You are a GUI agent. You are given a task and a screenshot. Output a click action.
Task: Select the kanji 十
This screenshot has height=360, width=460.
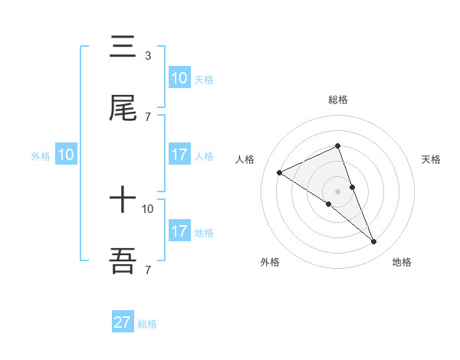click(x=123, y=201)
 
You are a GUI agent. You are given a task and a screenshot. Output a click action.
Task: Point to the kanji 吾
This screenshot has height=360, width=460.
click(x=123, y=261)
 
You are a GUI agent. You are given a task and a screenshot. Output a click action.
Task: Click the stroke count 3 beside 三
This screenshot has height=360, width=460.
click(x=147, y=56)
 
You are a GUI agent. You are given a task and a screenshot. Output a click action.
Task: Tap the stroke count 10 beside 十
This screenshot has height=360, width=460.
click(x=148, y=208)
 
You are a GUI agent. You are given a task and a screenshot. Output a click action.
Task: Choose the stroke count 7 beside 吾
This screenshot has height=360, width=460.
click(x=147, y=270)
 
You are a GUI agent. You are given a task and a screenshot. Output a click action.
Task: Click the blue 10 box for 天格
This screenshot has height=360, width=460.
click(x=179, y=78)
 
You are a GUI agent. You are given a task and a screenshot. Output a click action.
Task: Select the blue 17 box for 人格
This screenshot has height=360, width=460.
click(x=179, y=155)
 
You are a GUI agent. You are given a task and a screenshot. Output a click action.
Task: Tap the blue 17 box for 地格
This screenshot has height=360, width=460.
click(x=179, y=231)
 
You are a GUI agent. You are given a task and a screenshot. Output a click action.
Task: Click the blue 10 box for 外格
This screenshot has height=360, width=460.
click(x=66, y=155)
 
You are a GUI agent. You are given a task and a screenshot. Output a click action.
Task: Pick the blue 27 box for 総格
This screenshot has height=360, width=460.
click(x=123, y=322)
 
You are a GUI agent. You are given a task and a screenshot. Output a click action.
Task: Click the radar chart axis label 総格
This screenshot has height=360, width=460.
click(x=338, y=100)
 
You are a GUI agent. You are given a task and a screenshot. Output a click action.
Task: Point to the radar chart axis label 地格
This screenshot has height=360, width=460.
click(x=402, y=263)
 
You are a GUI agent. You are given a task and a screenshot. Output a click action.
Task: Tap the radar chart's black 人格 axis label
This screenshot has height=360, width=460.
click(x=245, y=159)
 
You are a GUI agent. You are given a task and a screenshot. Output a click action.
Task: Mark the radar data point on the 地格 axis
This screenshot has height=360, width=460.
click(x=374, y=241)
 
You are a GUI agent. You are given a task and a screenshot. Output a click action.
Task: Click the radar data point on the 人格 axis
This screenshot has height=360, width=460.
click(x=280, y=173)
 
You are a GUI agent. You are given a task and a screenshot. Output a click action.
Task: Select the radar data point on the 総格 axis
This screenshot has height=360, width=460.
click(x=338, y=146)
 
